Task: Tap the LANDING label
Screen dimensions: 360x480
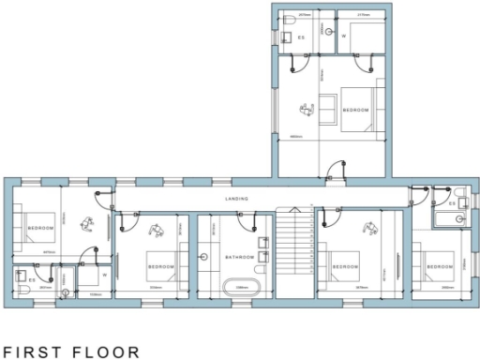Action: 236,199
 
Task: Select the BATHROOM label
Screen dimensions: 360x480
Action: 239,257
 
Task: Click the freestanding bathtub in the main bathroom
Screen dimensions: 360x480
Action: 241,288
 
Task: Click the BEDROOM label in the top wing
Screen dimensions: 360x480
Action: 355,110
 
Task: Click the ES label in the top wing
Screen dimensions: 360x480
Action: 301,37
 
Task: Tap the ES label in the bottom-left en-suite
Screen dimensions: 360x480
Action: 32,279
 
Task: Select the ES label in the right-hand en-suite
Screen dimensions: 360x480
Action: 453,203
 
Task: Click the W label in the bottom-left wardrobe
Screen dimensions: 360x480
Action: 104,276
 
